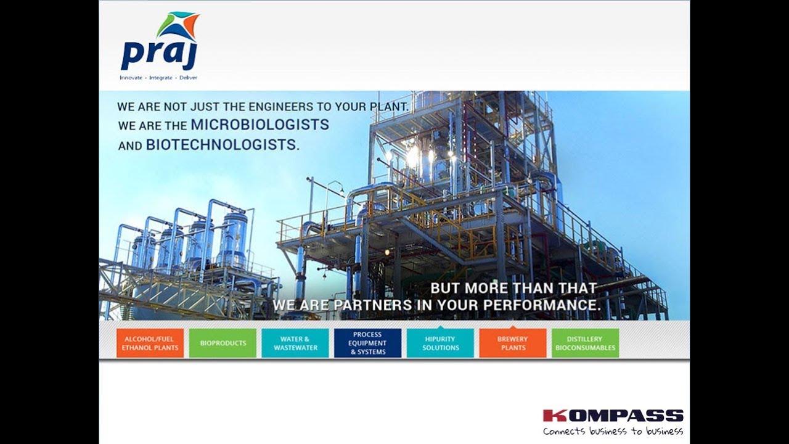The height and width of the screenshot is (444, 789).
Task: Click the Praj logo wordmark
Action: coord(158,55)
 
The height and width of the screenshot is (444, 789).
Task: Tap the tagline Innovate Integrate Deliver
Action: coord(158,78)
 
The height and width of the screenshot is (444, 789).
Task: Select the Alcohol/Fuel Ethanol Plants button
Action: coord(150,343)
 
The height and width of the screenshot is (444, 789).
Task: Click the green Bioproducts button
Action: coord(223,343)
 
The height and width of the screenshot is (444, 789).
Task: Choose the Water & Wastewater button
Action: coord(295,343)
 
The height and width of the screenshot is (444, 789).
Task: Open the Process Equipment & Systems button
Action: coord(367,343)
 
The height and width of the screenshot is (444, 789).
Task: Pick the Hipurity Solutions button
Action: coord(440,343)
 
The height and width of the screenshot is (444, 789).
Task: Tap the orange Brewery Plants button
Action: coord(513,343)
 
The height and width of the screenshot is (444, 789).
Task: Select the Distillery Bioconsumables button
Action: coord(585,343)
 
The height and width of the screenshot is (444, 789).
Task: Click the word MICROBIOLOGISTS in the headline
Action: coord(260,125)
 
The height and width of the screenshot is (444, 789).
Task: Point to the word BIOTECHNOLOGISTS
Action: coord(222,145)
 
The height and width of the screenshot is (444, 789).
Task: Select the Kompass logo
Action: coord(613,416)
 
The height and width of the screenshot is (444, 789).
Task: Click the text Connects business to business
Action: coord(613,431)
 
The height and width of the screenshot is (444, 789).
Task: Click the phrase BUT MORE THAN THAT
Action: coord(513,288)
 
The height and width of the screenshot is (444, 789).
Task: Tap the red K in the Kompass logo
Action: coord(550,416)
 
